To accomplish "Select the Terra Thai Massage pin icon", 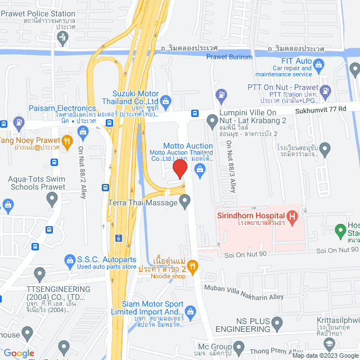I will pos(184,200).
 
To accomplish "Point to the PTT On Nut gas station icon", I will pos(222,94).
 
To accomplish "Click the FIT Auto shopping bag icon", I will pos(319,66).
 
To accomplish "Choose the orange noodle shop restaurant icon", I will pos(192,265).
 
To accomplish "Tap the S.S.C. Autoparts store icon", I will pos(69,260).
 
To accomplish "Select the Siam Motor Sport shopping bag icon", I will pos(190,312).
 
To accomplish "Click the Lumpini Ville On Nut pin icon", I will pos(212,120).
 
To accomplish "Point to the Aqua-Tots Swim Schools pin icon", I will pos(52,198).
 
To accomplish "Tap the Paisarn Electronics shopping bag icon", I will pos(83,133).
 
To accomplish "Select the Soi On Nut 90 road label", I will pos(337,250).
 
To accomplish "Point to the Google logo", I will pos(19,353).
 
